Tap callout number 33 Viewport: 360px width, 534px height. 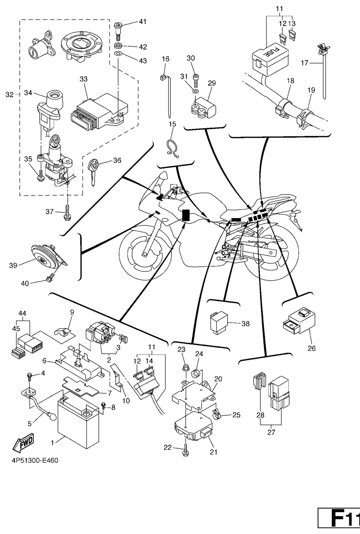[x=83, y=80]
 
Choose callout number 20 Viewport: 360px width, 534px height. [x=218, y=379]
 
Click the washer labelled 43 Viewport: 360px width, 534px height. [x=118, y=55]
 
